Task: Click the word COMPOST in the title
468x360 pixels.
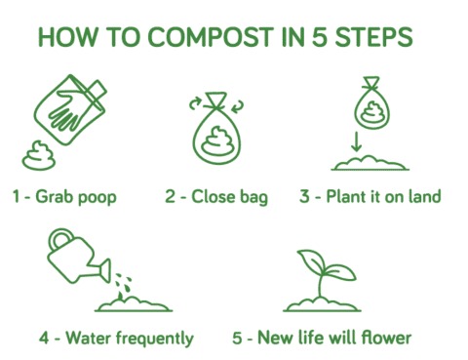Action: pos(211,37)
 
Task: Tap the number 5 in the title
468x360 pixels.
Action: pos(320,37)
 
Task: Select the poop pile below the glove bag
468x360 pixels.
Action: pos(39,156)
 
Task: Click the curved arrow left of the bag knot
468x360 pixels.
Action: pos(195,103)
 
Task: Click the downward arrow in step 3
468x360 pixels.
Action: pos(357,141)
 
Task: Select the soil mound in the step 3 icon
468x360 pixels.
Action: pos(370,164)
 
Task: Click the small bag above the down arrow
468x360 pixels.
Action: pos(371,103)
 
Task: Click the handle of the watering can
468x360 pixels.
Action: pos(59,240)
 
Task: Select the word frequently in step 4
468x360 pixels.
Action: pos(155,339)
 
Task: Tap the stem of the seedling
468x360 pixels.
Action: pos(321,285)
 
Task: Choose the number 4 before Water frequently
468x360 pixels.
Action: pos(44,338)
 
